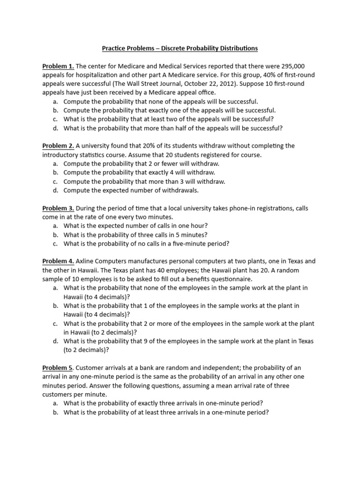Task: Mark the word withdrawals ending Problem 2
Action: [180, 190]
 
